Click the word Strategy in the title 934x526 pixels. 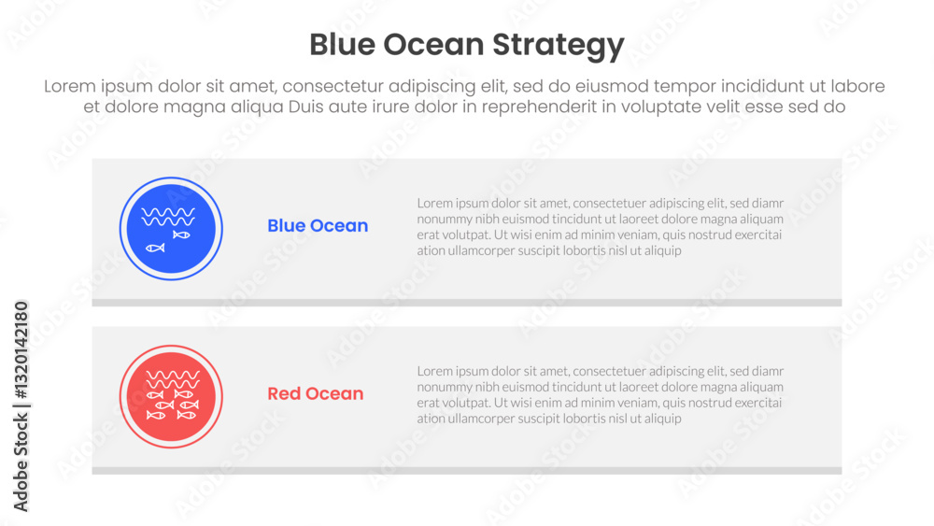tap(559, 45)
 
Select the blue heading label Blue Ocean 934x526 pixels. tap(318, 226)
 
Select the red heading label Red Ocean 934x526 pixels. tap(315, 393)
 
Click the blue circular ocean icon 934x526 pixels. tap(171, 229)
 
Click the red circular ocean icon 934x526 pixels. tap(171, 397)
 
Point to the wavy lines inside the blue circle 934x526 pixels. tap(168, 217)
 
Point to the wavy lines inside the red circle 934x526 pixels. tap(173, 380)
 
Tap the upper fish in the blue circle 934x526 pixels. tap(181, 235)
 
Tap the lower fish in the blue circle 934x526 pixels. tap(155, 248)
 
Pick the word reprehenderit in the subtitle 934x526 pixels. tap(539, 107)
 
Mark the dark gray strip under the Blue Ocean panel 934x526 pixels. tap(466, 303)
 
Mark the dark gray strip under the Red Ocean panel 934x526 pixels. tap(466, 471)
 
